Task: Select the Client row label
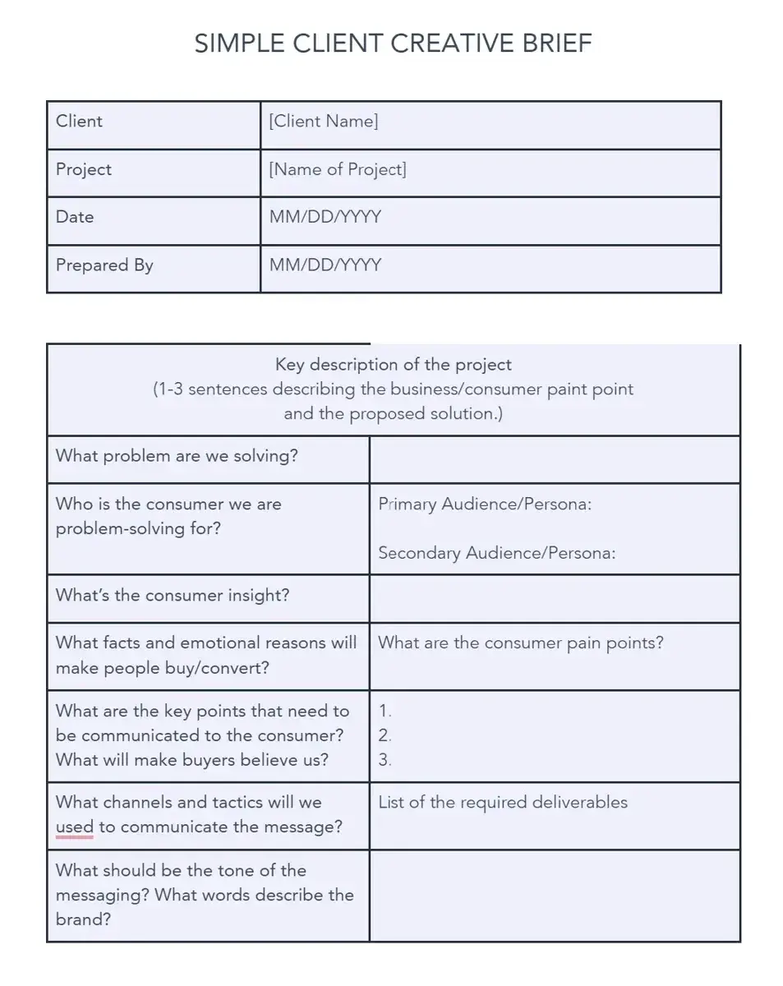(79, 121)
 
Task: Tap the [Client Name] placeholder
(324, 121)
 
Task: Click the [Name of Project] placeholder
(338, 169)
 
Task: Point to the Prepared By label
(104, 265)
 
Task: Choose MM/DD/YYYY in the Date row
(325, 217)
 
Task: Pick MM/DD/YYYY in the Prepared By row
(325, 265)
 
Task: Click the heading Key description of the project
(393, 364)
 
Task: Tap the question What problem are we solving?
(177, 455)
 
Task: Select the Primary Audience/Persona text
(485, 504)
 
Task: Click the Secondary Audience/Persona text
(497, 553)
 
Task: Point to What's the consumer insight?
(173, 595)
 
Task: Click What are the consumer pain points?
(521, 643)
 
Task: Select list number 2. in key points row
(385, 735)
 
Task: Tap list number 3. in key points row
(385, 760)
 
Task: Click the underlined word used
(75, 827)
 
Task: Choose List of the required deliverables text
(503, 802)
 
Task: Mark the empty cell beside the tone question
(555, 895)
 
